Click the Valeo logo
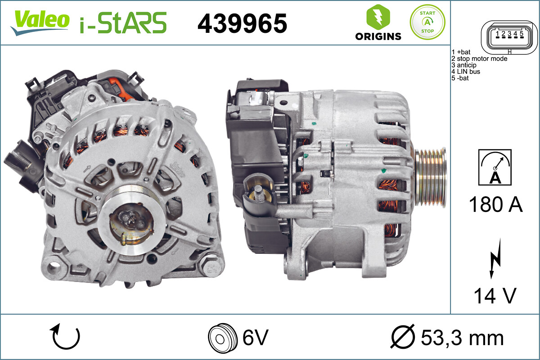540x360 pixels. coord(40,22)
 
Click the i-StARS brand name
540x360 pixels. coord(123,23)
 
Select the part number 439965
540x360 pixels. coord(242,23)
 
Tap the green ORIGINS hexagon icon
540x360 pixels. coord(378,17)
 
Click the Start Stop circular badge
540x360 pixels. coord(427,22)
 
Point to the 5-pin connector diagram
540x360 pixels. coord(509,37)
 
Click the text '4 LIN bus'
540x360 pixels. coord(465,72)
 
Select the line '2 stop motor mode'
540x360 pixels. coord(479,58)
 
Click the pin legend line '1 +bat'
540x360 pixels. coord(461,52)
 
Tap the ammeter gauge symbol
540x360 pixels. coord(495,167)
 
